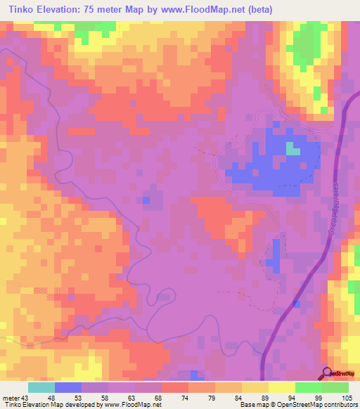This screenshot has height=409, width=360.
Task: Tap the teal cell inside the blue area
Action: (292, 148)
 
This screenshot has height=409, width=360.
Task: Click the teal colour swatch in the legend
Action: (41, 387)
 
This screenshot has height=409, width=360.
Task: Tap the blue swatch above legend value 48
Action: (67, 387)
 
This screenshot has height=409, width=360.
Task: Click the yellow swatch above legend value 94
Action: (281, 387)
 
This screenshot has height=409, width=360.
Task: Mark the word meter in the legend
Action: (11, 396)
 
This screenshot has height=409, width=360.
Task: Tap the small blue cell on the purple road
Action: (297, 304)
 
